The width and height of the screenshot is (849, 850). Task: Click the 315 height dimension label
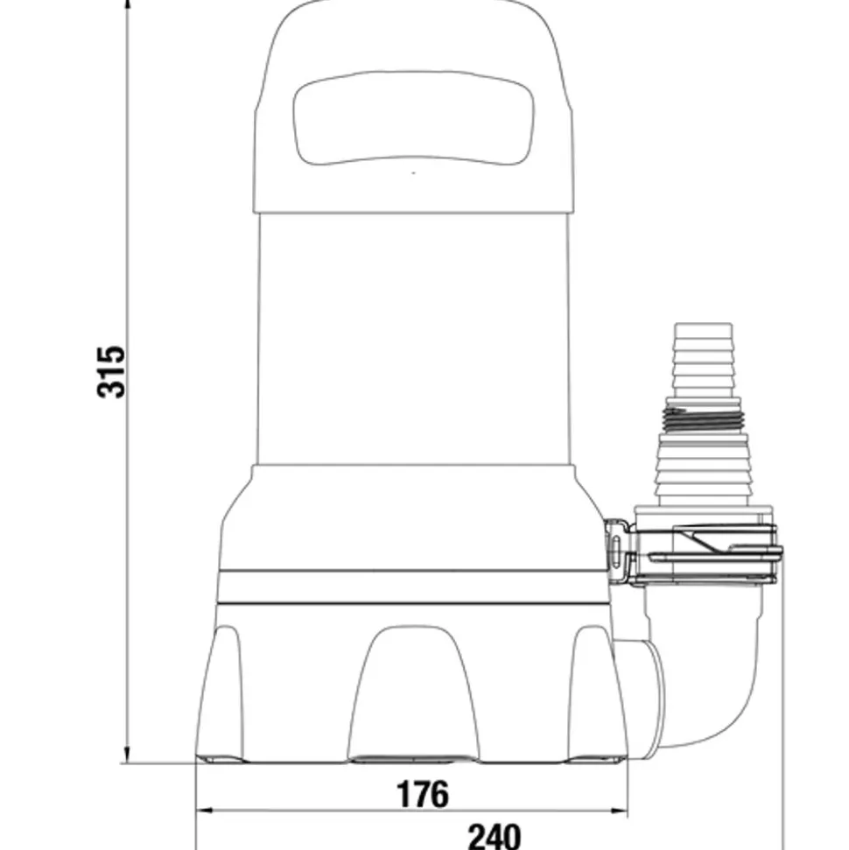pos(112,372)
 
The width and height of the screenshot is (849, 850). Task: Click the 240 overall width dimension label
pos(494,836)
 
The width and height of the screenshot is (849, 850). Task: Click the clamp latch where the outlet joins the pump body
pos(618,549)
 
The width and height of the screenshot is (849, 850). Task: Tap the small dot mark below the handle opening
pos(413,172)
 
